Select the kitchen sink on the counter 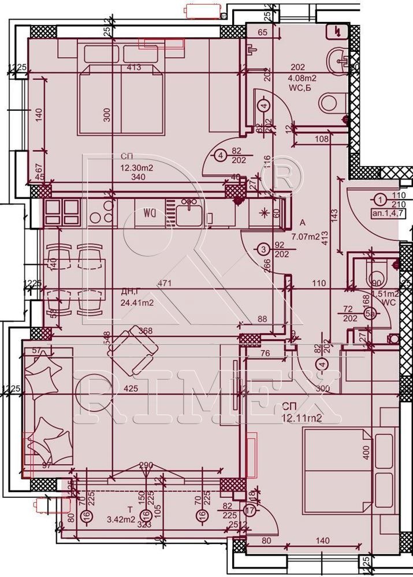[x=189, y=213]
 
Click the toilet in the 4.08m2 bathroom [x=329, y=102]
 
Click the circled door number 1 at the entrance [x=379, y=200]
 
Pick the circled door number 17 [x=250, y=509]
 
